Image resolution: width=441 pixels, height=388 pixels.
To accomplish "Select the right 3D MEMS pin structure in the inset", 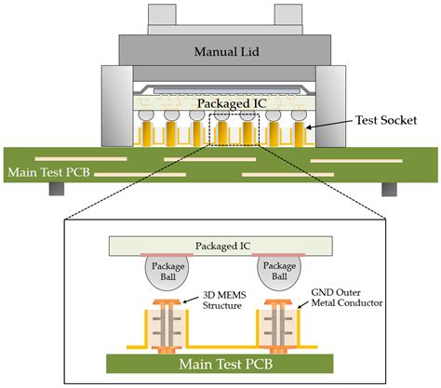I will click(x=280, y=321).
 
